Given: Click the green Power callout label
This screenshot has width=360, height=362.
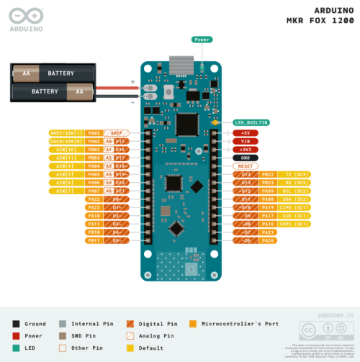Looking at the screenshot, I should (202, 40).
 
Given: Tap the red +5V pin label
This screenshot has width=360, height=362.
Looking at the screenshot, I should (245, 133).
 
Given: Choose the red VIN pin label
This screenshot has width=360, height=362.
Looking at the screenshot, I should (245, 141).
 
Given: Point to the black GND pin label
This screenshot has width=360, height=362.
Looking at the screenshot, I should (245, 158).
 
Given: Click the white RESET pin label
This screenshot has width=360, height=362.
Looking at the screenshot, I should (245, 166).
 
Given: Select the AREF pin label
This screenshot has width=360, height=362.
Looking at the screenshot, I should (116, 133).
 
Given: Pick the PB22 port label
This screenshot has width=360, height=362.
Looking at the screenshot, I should (268, 174).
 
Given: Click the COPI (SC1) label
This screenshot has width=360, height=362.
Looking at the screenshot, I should (294, 224).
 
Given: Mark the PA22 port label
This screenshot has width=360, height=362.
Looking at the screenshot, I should (94, 199).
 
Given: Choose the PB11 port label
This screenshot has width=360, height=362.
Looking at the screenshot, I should (94, 240).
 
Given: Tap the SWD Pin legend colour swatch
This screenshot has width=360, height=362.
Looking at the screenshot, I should (63, 335).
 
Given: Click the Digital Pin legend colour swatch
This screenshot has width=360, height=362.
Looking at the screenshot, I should (130, 324).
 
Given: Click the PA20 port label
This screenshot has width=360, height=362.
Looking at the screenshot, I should (268, 240).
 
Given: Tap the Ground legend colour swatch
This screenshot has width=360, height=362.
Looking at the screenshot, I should (17, 324).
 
